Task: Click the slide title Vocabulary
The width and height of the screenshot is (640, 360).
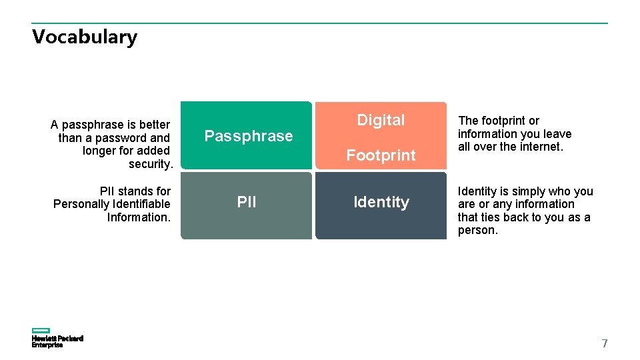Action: point(85,37)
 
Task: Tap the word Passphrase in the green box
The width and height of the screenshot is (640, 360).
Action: point(248,136)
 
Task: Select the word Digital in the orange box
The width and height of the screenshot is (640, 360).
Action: point(381,120)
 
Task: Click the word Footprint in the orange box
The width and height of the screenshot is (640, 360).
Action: point(381,155)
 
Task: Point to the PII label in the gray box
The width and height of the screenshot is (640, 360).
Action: point(247,202)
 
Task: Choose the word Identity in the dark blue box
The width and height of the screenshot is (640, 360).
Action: point(381,202)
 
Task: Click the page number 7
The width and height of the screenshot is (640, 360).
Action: point(605,344)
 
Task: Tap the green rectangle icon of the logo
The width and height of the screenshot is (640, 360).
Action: point(41,331)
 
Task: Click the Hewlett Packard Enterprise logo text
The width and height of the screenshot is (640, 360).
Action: point(57,342)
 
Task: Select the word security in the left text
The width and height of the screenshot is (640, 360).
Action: point(151,164)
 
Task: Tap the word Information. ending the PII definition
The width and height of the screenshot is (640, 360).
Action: point(139,217)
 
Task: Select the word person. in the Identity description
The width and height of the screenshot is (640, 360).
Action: point(477,230)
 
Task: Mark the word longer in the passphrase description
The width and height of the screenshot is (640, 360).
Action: point(99,151)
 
